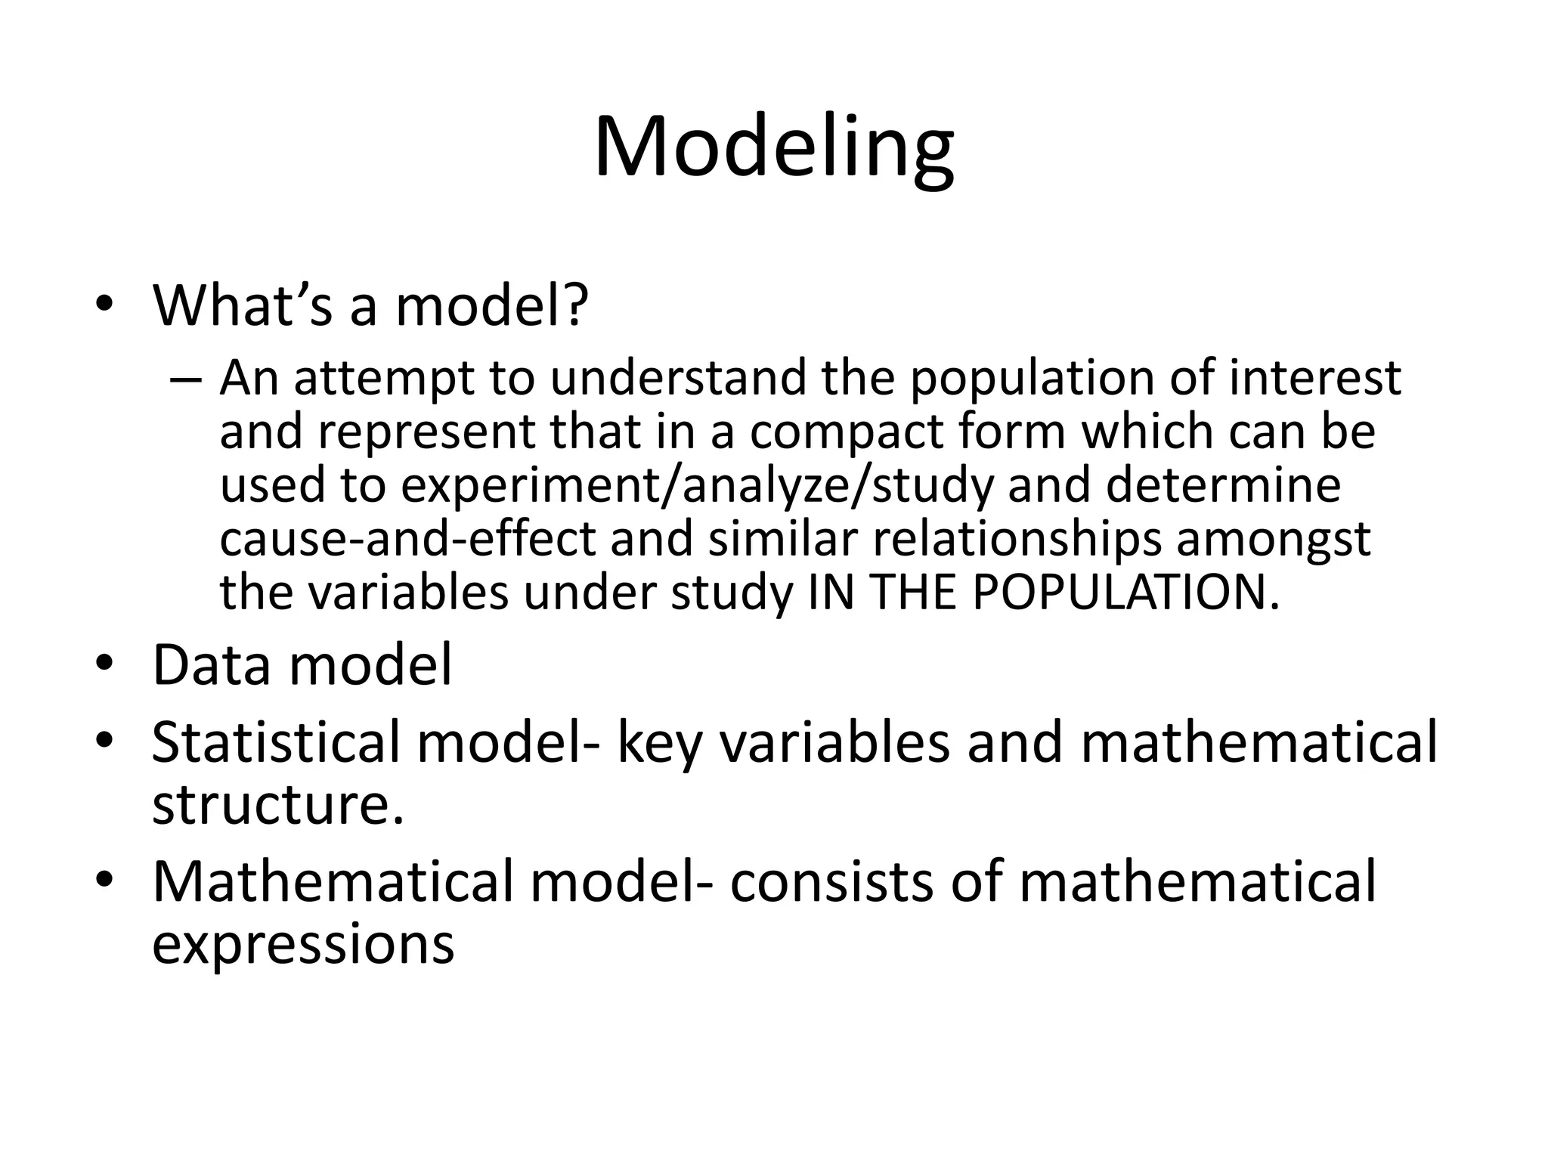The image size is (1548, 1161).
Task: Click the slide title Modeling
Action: coord(773,147)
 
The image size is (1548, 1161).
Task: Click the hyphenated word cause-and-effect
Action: coord(407,539)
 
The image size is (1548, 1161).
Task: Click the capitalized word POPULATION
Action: coord(1119,593)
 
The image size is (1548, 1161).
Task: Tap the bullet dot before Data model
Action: coord(104,664)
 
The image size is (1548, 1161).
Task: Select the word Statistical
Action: coord(275,742)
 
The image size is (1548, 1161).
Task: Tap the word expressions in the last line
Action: coord(302,944)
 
